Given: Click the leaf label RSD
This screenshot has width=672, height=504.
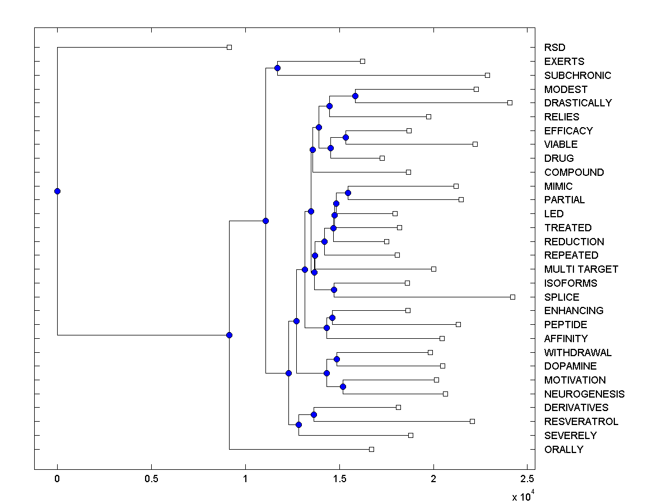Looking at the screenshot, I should pyautogui.click(x=554, y=48).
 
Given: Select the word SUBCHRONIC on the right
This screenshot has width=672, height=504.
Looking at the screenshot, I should pyautogui.click(x=577, y=75).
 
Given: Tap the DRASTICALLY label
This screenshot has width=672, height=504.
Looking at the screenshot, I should pyautogui.click(x=578, y=103).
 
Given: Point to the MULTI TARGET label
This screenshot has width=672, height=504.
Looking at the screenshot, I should pyautogui.click(x=581, y=269).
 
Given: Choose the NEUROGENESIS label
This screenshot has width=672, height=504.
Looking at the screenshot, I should pyautogui.click(x=584, y=394).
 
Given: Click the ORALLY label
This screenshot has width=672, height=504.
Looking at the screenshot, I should pyautogui.click(x=563, y=449).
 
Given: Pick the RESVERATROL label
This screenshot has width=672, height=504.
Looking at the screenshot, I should pyautogui.click(x=581, y=422).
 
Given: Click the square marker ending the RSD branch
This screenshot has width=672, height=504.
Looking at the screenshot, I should pyautogui.click(x=229, y=48).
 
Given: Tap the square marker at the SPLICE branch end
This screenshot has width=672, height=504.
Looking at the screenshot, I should pyautogui.click(x=512, y=297).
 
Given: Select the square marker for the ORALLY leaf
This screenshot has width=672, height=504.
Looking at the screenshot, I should pyautogui.click(x=371, y=449).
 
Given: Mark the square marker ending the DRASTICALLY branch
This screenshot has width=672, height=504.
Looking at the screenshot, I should pyautogui.click(x=510, y=102).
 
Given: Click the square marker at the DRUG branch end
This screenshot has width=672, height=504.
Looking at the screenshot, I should pyautogui.click(x=382, y=158).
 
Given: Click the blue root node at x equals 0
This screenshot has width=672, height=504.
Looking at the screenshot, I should pyautogui.click(x=57, y=191).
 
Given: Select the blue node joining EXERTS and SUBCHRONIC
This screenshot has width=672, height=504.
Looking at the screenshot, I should pyautogui.click(x=277, y=68).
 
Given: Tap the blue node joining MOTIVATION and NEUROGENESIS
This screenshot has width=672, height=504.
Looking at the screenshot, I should pyautogui.click(x=343, y=386).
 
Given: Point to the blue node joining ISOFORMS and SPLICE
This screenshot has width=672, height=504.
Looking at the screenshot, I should pyautogui.click(x=334, y=290).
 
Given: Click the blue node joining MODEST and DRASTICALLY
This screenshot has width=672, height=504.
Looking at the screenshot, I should pyautogui.click(x=355, y=96).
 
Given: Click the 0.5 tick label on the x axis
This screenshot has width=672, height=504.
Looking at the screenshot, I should pyautogui.click(x=151, y=479).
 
